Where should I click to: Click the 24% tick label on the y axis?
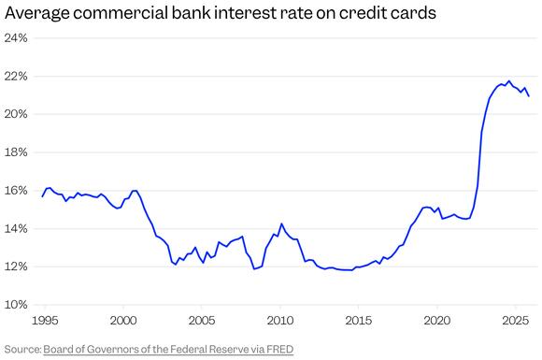coord(16,38)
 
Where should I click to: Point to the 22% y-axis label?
coord(16,77)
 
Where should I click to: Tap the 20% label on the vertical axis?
coord(16,114)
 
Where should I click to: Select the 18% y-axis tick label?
coord(16,152)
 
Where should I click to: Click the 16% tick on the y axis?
coord(16,191)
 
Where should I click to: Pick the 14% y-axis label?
coord(16,229)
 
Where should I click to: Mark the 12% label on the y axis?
coord(16,266)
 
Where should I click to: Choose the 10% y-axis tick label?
coord(16,305)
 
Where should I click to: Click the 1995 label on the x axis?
coord(45,321)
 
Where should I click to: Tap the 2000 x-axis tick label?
coord(123,321)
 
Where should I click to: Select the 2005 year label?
coord(202,321)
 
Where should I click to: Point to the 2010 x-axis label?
coord(280,321)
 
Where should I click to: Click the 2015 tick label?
coord(359,321)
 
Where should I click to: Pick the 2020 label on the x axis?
coord(437,321)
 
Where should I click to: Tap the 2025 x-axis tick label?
coord(515,321)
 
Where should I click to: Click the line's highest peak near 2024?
coord(508,80)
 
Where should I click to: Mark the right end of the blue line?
coord(529,96)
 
